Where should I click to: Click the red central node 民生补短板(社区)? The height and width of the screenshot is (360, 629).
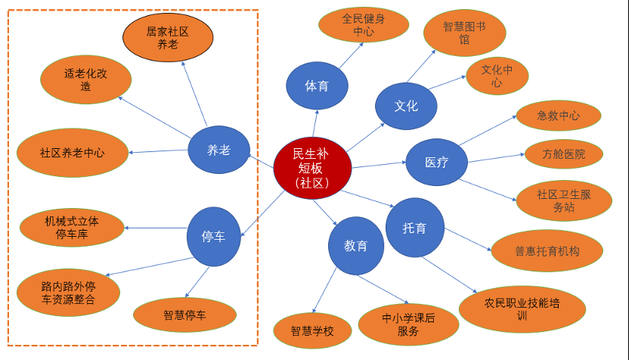pos(312,168)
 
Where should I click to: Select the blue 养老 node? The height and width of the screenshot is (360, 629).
pos(218,150)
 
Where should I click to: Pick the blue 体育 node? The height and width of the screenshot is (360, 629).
pos(317,86)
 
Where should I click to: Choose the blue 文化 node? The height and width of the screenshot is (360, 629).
pos(406,106)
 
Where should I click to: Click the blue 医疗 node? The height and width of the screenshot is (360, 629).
pos(436,162)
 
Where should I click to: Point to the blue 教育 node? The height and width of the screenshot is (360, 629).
pos(356,246)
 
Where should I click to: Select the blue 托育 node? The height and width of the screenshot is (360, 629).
pos(414,227)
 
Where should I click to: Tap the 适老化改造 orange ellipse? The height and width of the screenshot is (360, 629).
pos(85,79)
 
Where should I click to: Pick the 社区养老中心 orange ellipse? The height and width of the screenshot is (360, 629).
pos(73,152)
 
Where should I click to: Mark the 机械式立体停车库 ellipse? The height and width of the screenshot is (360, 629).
pos(72,226)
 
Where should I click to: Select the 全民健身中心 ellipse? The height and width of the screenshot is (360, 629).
pos(363,25)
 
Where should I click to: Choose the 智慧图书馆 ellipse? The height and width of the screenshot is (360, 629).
pos(464,33)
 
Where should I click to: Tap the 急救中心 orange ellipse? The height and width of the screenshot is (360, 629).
pos(558,116)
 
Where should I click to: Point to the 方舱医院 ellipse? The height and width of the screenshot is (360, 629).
pos(563,154)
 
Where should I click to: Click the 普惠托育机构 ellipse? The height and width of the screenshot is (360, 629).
pos(547,251)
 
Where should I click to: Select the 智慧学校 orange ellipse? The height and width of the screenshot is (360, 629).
pos(311,331)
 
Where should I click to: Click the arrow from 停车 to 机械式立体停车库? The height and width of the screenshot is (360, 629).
pos(156,228)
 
